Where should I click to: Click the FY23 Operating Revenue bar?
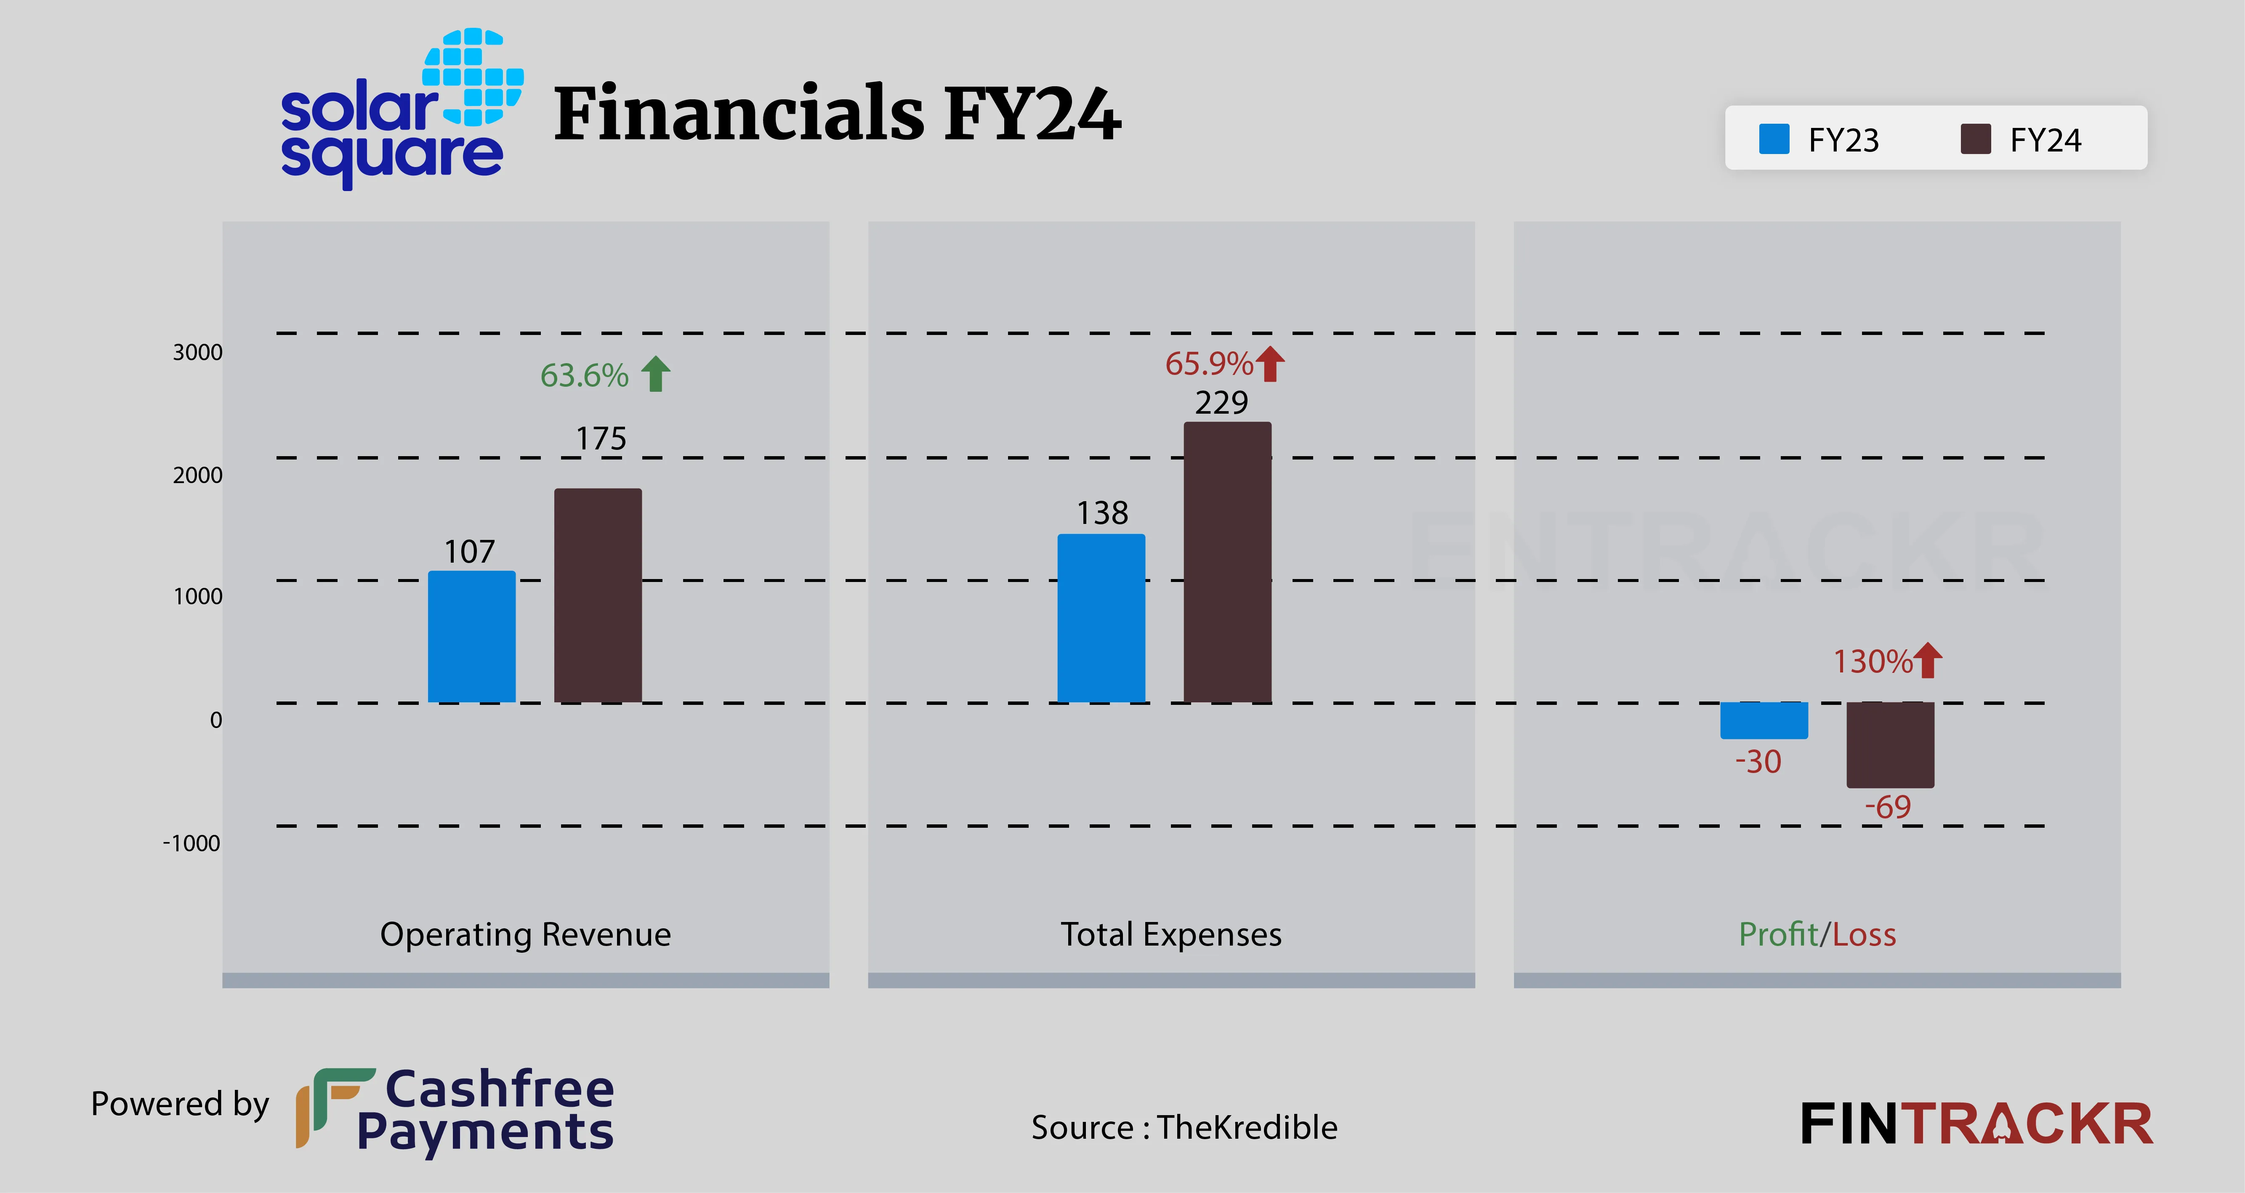tap(471, 636)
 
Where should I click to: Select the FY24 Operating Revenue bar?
tap(598, 595)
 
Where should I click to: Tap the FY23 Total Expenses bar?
tap(1101, 618)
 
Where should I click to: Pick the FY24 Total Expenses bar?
tap(1227, 562)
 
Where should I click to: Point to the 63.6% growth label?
tap(584, 376)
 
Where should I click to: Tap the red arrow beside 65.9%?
tap(1271, 364)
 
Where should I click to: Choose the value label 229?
tap(1221, 403)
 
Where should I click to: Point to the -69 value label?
tap(1888, 807)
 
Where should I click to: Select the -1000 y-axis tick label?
tap(192, 844)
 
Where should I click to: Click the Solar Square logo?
tap(401, 109)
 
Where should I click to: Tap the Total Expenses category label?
tap(1170, 934)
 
